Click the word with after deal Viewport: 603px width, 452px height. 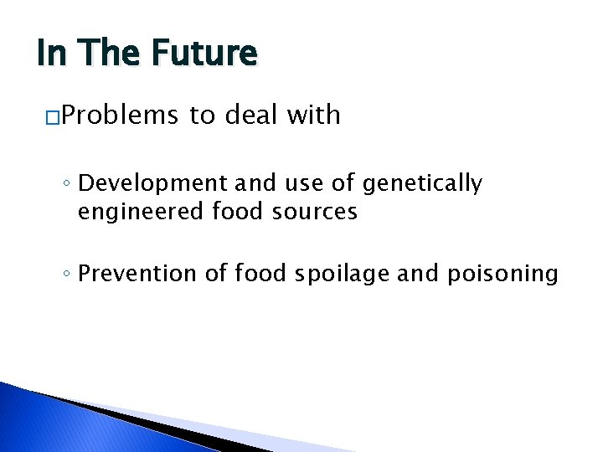(312, 115)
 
